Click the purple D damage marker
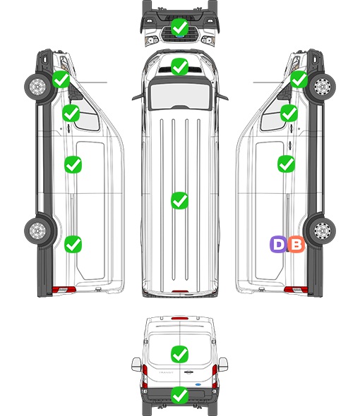click(278, 244)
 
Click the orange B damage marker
click(296, 244)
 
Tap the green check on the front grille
click(180, 27)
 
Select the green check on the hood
click(180, 67)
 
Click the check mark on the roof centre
click(180, 200)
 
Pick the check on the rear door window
click(180, 354)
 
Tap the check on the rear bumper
click(180, 396)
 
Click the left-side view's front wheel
click(37, 87)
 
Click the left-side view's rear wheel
click(37, 231)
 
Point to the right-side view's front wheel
click(323, 87)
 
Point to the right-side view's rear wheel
click(323, 231)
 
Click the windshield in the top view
click(180, 95)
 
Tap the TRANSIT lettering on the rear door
click(166, 372)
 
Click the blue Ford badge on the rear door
click(198, 384)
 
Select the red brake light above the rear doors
click(180, 318)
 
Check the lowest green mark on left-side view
click(73, 244)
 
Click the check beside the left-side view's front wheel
click(61, 80)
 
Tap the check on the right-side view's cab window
click(289, 113)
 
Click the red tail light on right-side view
click(296, 290)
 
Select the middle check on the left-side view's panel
click(73, 165)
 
